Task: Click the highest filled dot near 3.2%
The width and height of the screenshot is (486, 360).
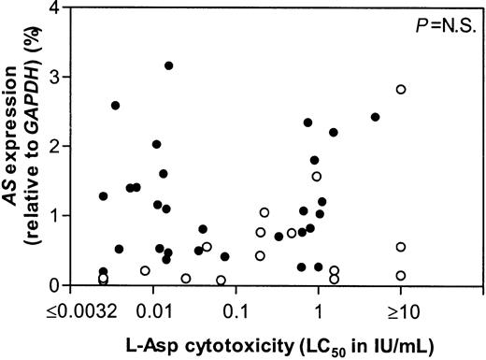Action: (x=168, y=65)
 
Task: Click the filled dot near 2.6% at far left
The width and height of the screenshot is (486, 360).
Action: (x=115, y=106)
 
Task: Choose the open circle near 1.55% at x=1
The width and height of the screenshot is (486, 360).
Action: (x=317, y=176)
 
